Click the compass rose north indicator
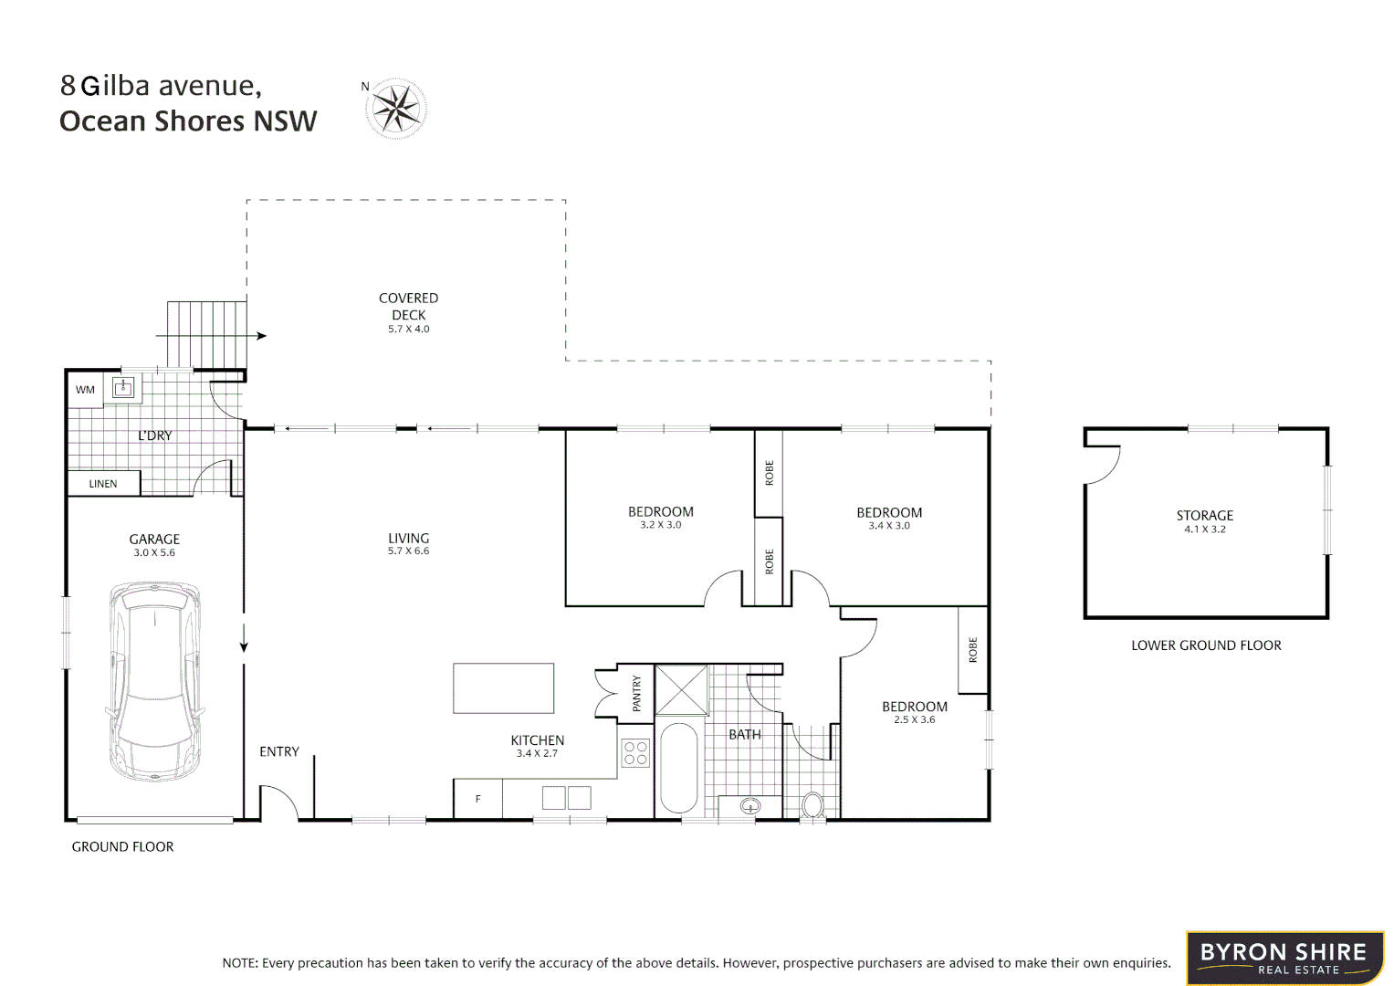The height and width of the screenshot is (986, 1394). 395,109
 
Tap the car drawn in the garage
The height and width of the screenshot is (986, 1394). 154,681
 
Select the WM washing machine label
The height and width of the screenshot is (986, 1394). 85,390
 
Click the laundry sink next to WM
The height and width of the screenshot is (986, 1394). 123,388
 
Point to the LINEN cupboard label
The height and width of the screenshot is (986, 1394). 103,484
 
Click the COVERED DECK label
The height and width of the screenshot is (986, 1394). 408,307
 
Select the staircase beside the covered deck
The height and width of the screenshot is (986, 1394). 206,334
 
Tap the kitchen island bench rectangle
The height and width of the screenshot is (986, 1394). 503,688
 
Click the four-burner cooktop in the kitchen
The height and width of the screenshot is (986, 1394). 635,753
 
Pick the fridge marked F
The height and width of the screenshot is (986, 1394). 477,799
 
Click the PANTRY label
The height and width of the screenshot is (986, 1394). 636,694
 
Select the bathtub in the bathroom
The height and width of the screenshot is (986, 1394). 678,768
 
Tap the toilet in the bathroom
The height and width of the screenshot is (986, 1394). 812,805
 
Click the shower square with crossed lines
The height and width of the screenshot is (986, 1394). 682,690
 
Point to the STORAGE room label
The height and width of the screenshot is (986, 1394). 1204,516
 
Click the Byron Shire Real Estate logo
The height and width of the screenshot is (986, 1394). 1284,958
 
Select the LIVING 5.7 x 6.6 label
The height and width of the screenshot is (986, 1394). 408,543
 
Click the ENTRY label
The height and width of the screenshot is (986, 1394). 279,751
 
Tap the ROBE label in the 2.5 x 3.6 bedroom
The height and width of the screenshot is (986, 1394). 972,650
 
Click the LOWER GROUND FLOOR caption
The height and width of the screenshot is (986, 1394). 1206,645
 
